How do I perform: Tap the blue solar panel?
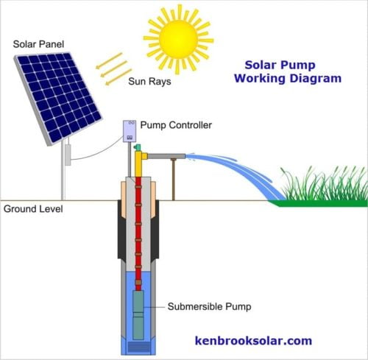(57, 95)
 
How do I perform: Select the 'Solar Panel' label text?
(38, 43)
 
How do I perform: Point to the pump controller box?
(131, 131)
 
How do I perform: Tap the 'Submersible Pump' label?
(207, 306)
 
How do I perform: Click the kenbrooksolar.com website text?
(254, 341)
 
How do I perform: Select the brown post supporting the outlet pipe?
(173, 180)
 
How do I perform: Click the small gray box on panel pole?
(66, 154)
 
